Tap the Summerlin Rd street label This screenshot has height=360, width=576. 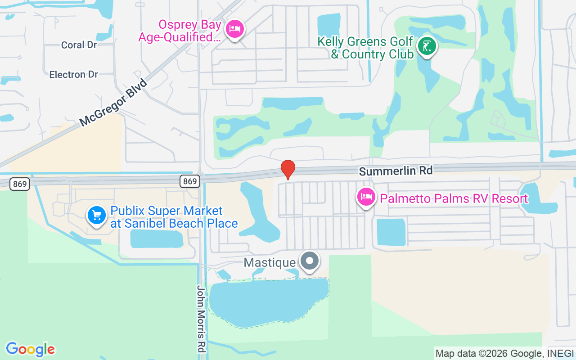[396, 171]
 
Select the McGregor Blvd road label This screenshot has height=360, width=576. [113, 103]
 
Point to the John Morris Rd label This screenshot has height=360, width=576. [201, 318]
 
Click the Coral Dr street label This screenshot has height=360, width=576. [79, 45]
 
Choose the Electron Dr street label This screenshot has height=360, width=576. [73, 74]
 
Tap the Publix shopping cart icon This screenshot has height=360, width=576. [96, 215]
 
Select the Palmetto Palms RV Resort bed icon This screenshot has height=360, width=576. [366, 197]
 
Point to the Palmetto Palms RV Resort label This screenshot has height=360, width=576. [454, 198]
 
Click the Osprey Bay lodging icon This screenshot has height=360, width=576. [234, 29]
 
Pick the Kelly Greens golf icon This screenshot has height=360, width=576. [427, 46]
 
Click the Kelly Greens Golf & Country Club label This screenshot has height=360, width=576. [365, 48]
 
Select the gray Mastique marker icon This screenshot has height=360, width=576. [310, 261]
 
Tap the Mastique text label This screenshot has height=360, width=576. [270, 262]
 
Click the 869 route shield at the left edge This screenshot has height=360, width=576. [20, 184]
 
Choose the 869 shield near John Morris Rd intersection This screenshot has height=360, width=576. [190, 181]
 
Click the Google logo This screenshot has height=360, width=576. [30, 349]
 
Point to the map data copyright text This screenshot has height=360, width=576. [504, 354]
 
